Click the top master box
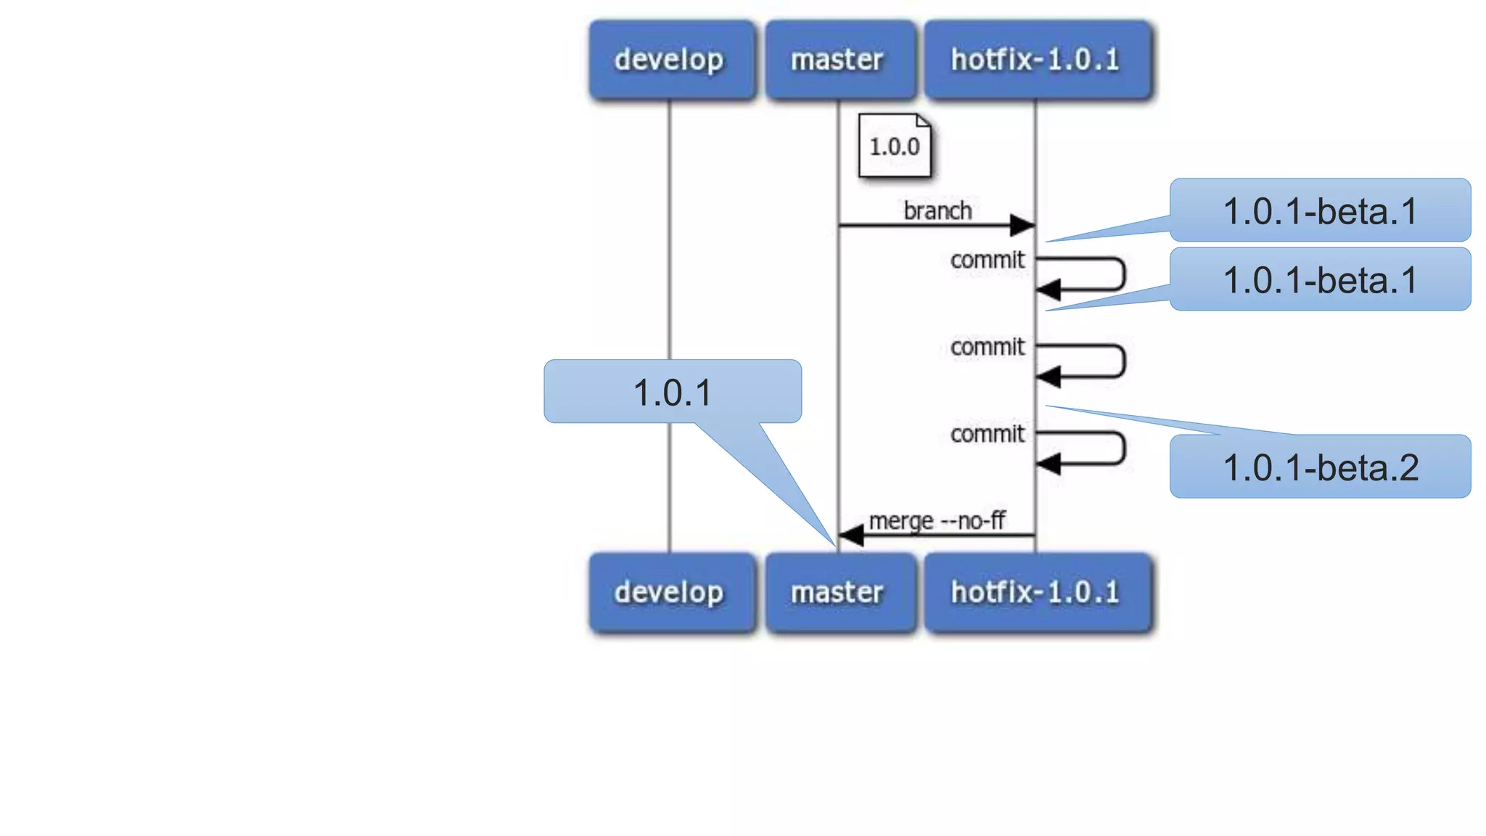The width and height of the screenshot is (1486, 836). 838,60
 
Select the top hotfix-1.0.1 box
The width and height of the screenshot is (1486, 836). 1036,60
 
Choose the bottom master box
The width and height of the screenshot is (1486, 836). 838,592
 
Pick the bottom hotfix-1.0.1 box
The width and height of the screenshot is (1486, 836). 1036,592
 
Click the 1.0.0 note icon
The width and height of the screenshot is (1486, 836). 894,146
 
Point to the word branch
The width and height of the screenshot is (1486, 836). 937,210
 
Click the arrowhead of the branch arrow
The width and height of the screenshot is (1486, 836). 1022,225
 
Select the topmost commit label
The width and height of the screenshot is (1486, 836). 987,260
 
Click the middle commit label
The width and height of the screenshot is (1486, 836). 987,347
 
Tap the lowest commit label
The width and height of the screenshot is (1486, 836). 987,434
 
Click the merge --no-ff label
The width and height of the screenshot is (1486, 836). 937,520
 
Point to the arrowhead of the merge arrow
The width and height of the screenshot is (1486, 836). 851,536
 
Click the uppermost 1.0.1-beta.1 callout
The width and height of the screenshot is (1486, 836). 1319,210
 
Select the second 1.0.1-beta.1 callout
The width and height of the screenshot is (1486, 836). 1319,279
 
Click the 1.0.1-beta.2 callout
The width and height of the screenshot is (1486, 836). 1319,467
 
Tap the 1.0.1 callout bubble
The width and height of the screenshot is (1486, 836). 672,392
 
